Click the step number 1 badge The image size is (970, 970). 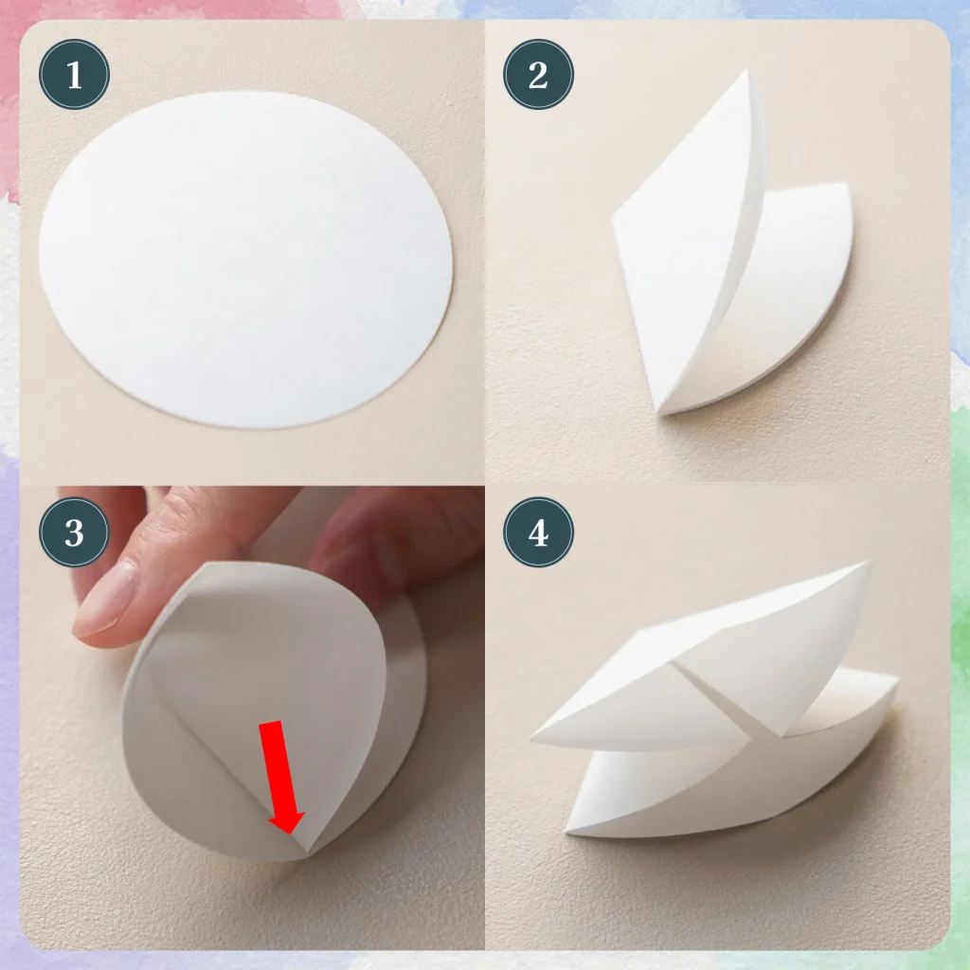point(74,74)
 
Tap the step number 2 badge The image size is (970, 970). point(538,74)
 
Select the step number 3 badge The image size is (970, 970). point(74,532)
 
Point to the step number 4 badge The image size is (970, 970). point(538,532)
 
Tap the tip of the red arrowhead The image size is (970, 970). point(289,834)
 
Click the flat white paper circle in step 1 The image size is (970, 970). point(246,258)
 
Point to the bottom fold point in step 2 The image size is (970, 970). point(663,409)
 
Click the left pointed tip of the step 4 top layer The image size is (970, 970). point(536,739)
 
